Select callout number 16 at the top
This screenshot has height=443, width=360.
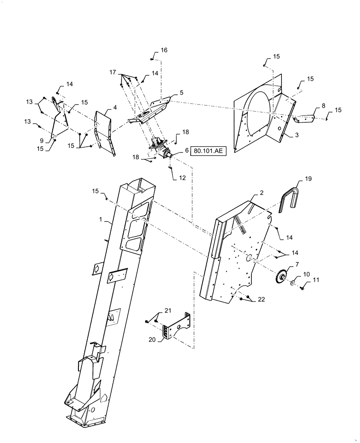[164, 51]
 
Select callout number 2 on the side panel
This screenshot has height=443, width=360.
[262, 193]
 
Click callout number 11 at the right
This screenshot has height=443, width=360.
[316, 280]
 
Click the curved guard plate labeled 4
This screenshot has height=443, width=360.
[106, 131]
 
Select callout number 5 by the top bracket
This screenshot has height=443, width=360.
[181, 94]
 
